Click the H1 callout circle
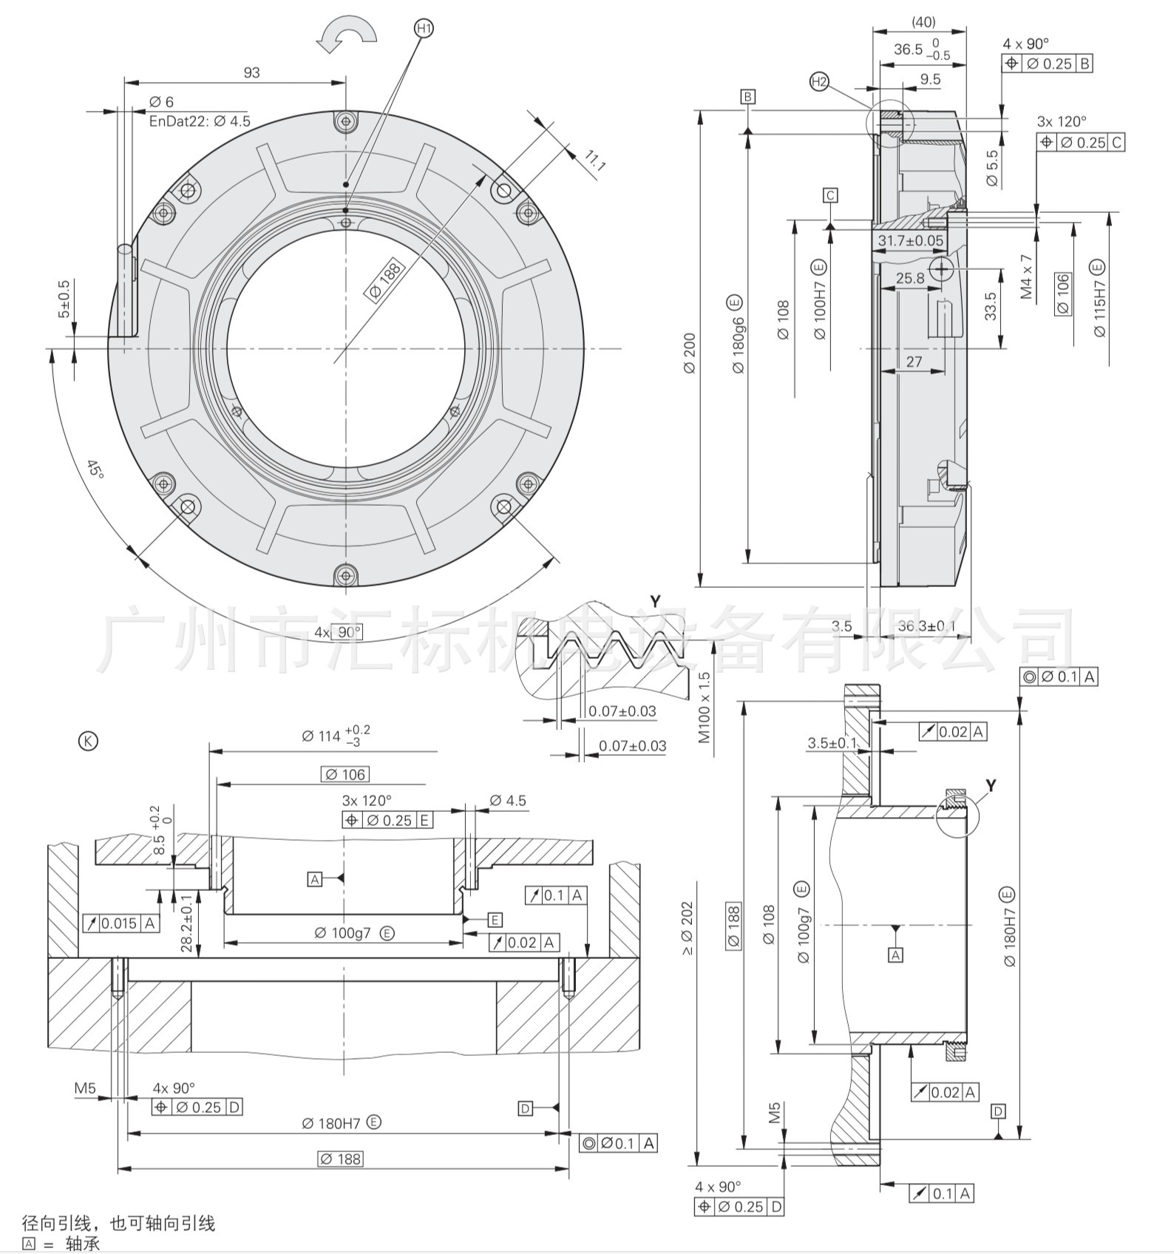pyautogui.click(x=424, y=29)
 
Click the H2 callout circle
pyautogui.click(x=819, y=82)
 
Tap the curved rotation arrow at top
pyautogui.click(x=347, y=36)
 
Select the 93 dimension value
pyautogui.click(x=252, y=72)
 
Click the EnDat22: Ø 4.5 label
pyautogui.click(x=200, y=121)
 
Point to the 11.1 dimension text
pyautogui.click(x=594, y=160)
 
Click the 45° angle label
pyautogui.click(x=95, y=469)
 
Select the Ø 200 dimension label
pyautogui.click(x=689, y=353)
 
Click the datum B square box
pyautogui.click(x=748, y=97)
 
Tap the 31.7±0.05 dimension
pyautogui.click(x=911, y=240)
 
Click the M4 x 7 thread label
pyautogui.click(x=1026, y=277)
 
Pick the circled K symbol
pyautogui.click(x=88, y=741)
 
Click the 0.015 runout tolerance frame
pyautogui.click(x=121, y=923)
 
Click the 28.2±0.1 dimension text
pyautogui.click(x=186, y=923)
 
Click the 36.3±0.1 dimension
pyautogui.click(x=926, y=626)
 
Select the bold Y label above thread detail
pyautogui.click(x=655, y=601)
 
